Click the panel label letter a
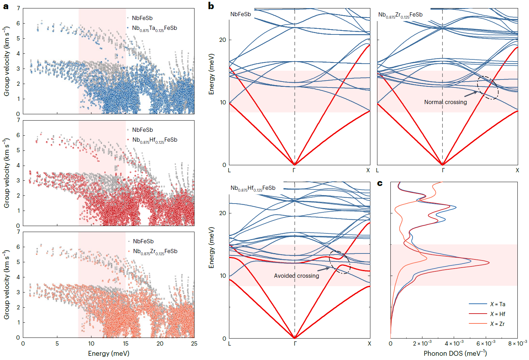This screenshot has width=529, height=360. pos(6,6)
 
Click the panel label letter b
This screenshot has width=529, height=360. pos(211,6)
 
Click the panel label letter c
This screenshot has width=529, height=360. pos(380,183)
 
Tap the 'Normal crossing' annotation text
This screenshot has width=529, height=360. pos(445,102)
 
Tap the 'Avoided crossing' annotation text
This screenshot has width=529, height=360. pos(297,276)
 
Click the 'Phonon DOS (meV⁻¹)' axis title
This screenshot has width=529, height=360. pos(455,353)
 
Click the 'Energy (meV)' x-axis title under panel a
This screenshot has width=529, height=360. pos(109,353)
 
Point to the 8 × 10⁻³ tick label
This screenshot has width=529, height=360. pos(517,343)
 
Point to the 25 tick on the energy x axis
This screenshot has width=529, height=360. pos(194,343)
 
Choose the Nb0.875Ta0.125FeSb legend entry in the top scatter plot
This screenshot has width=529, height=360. pos(154,28)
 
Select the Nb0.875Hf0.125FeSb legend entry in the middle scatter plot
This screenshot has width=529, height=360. pos(154,140)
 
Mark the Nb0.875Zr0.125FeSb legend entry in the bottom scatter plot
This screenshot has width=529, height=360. pos(155,251)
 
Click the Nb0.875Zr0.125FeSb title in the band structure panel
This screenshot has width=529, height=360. pos(400,15)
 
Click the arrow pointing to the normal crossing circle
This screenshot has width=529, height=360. pos(471,94)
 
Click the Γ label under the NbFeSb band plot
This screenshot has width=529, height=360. pos(294,170)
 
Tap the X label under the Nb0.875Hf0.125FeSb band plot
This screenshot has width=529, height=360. pos(369,343)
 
